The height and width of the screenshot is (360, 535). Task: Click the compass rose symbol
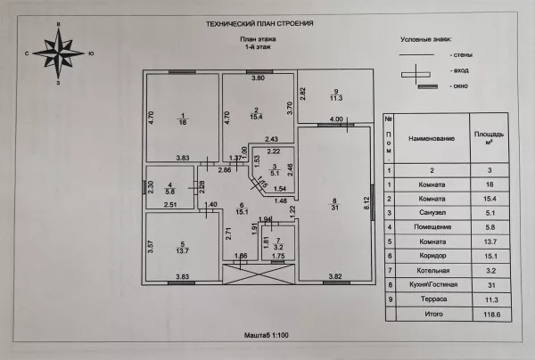click(59, 53)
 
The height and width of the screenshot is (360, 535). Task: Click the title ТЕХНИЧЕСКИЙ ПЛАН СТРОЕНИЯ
click(259, 23)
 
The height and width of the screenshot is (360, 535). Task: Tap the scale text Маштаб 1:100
click(266, 335)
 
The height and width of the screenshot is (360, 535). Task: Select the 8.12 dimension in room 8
click(367, 203)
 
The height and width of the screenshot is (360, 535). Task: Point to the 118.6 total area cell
click(491, 315)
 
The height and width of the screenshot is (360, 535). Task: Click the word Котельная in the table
click(433, 271)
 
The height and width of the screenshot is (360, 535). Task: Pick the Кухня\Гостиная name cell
click(433, 284)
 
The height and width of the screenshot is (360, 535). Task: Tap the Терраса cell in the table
click(433, 299)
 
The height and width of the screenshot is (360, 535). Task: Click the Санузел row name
click(432, 213)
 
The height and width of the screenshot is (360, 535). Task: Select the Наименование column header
click(432, 138)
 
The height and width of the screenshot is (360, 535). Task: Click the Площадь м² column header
click(489, 138)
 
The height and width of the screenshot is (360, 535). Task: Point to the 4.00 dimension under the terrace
click(336, 119)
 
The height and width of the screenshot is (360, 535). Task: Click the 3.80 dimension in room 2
click(258, 78)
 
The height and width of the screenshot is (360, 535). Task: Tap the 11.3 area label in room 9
click(336, 98)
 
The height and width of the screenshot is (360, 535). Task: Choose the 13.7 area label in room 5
click(182, 251)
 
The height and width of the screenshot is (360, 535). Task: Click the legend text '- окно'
click(459, 86)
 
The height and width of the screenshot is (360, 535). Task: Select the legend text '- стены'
click(461, 55)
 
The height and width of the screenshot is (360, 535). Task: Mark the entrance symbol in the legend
click(416, 74)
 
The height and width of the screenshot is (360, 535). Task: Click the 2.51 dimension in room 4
click(170, 205)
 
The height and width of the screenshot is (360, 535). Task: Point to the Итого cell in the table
click(433, 314)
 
